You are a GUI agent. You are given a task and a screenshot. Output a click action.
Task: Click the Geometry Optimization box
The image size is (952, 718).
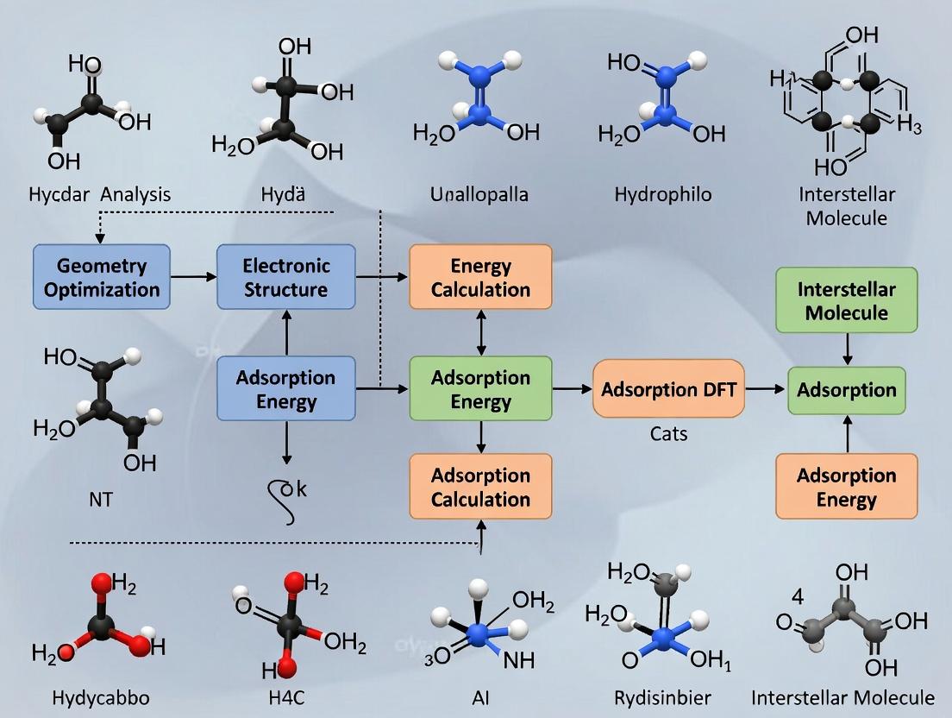click(x=102, y=277)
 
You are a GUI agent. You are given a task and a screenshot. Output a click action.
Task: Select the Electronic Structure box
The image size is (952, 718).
click(x=286, y=277)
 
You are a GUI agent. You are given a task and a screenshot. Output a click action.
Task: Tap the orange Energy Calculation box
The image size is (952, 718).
click(x=480, y=277)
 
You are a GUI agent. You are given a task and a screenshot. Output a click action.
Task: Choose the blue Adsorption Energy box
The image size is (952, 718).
click(x=286, y=389)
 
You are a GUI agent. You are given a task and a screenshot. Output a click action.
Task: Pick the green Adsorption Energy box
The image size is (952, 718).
click(x=480, y=389)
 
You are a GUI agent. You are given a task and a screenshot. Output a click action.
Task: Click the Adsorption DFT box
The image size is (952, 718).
click(x=668, y=389)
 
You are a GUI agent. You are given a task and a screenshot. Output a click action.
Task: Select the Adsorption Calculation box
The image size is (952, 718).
click(x=480, y=487)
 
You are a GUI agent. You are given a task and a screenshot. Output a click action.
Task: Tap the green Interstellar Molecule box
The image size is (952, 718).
click(x=846, y=300)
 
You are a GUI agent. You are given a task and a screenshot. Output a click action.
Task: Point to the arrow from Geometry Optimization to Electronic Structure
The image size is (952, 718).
click(x=193, y=277)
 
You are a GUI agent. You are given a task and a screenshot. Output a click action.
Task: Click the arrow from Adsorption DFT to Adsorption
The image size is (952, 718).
click(x=766, y=389)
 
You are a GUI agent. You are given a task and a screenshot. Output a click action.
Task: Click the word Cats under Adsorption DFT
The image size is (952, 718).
click(x=668, y=433)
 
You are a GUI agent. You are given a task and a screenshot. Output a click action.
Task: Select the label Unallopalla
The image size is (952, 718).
click(x=479, y=194)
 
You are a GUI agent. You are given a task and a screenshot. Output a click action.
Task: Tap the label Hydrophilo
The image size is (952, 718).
click(x=663, y=194)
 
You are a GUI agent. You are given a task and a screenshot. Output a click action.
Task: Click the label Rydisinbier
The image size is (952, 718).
click(x=662, y=697)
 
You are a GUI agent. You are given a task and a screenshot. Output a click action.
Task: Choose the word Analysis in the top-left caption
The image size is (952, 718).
click(x=135, y=194)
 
